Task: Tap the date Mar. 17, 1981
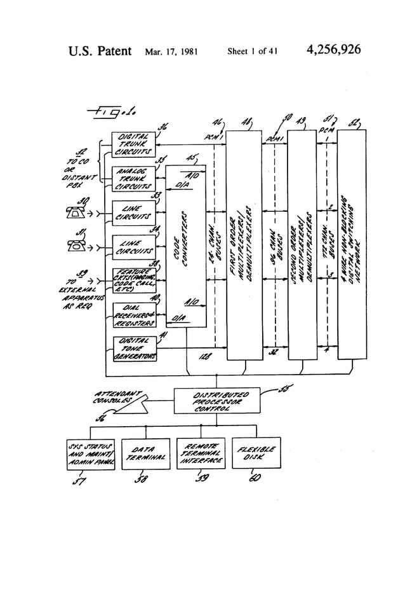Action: (171, 52)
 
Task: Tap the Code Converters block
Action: (185, 245)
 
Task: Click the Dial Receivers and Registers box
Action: (133, 315)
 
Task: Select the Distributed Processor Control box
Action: (216, 401)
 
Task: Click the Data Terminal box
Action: (145, 454)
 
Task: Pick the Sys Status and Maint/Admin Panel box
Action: (91, 454)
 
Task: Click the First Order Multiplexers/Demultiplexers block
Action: (244, 245)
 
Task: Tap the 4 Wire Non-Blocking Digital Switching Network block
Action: (352, 245)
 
